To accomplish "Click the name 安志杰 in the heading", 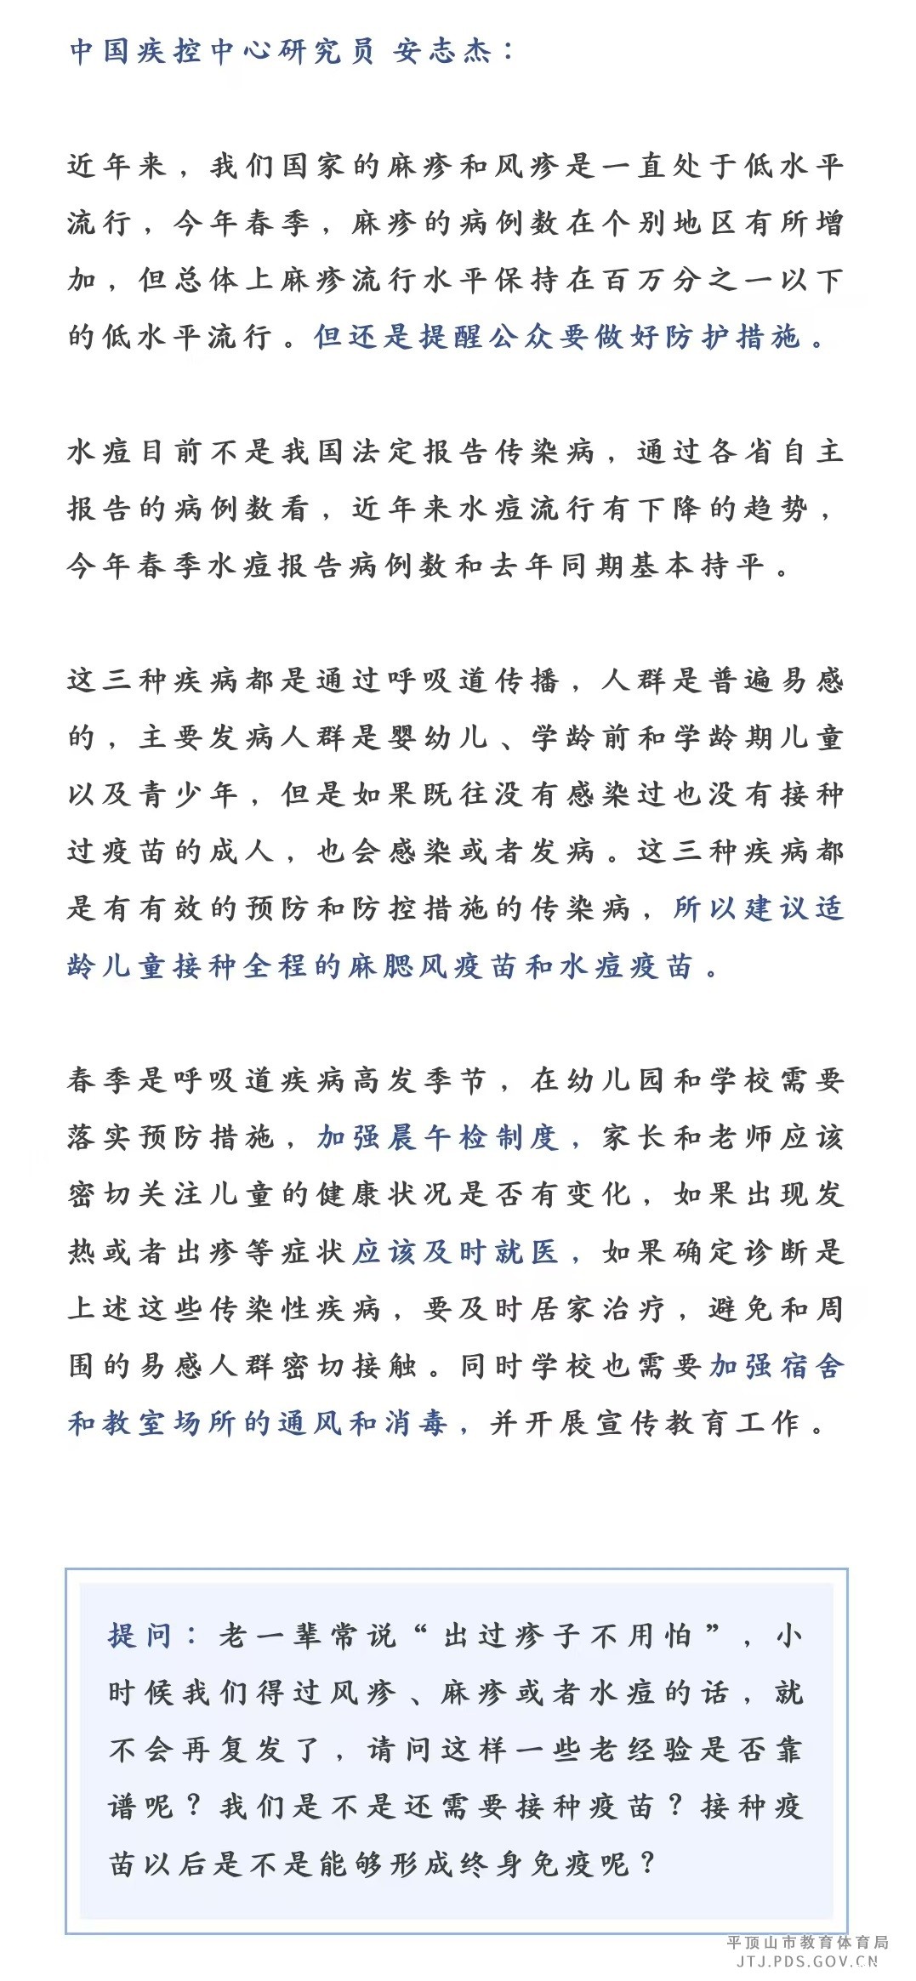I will [442, 52].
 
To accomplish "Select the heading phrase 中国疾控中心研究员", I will [221, 52].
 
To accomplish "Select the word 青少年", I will [189, 794].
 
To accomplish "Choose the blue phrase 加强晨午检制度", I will [437, 1137].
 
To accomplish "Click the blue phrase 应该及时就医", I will [456, 1252].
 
